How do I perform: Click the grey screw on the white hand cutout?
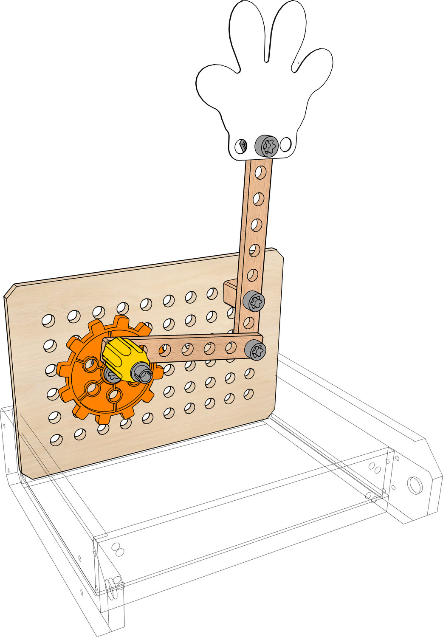pyautogui.click(x=266, y=146)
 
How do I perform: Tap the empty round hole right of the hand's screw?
pyautogui.click(x=286, y=144)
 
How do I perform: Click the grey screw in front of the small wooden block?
pyautogui.click(x=254, y=302)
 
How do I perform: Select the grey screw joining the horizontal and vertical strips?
pyautogui.click(x=256, y=350)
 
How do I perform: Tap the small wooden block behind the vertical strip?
pyautogui.click(x=230, y=292)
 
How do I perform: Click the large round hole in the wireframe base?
pyautogui.click(x=415, y=484)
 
